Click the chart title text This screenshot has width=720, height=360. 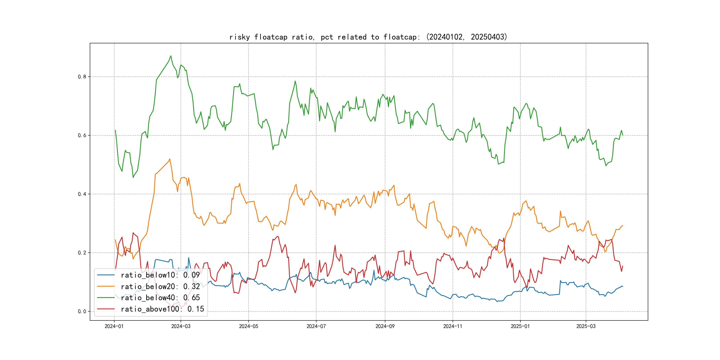368,37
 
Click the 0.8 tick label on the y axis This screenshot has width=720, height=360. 82,77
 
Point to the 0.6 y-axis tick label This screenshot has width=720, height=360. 82,136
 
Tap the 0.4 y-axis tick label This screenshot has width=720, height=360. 82,194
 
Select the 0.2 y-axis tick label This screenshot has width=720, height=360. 82,253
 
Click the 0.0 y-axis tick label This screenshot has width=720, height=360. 82,312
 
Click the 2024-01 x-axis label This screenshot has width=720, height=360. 114,326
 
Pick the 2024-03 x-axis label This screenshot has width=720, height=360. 181,326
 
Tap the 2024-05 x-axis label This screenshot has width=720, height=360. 248,326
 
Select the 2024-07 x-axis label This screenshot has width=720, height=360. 316,326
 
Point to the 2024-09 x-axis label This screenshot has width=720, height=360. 385,326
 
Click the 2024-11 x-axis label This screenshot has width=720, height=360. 453,326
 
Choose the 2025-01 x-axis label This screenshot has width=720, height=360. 520,326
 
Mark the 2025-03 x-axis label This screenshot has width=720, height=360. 586,326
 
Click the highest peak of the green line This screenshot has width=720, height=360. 171,56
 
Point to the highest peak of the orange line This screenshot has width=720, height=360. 170,159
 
